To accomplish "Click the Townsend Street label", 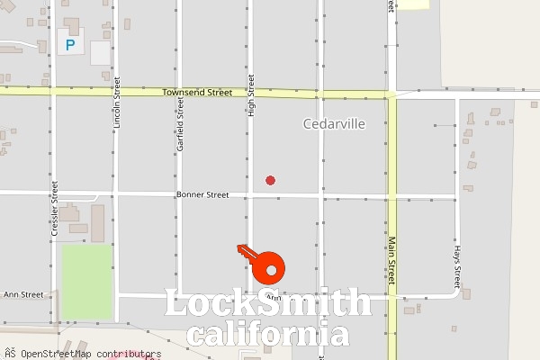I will [197, 93].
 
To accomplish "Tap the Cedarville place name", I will [335, 124].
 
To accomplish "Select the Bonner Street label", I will [202, 194].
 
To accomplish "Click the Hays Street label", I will [457, 262].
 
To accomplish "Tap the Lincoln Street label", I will [116, 125].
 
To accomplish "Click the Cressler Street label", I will [55, 209].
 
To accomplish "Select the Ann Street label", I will [23, 294].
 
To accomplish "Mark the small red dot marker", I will [270, 180].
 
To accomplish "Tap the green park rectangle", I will [87, 280].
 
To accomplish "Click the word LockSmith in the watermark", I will [268, 303].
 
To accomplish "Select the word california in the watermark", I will [268, 334].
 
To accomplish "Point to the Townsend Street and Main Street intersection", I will [391, 94].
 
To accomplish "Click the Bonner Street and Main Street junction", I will [391, 195].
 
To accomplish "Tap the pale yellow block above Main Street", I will [413, 4].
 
